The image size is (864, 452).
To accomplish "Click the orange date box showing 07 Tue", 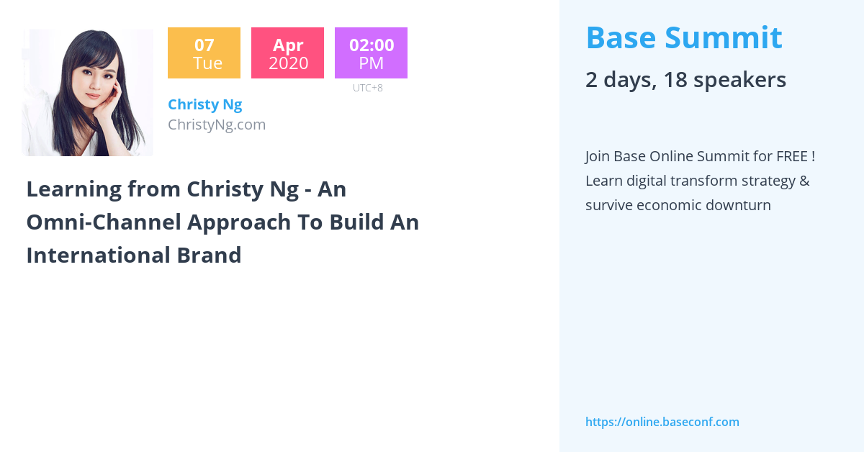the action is (x=204, y=53).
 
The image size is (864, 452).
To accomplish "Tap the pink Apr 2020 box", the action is (x=287, y=53).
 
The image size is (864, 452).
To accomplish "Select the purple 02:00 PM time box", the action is (x=371, y=53).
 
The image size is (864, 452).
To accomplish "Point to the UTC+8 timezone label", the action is (x=368, y=88).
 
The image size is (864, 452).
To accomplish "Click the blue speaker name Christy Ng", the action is (x=204, y=105).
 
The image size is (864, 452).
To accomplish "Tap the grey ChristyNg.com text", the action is (x=217, y=125).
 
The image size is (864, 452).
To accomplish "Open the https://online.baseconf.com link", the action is (x=662, y=422).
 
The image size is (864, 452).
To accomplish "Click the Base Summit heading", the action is (x=684, y=38).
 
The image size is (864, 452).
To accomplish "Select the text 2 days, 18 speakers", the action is (x=685, y=80).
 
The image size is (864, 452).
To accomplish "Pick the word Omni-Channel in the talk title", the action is (x=104, y=222).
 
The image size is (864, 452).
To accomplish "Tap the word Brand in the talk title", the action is (x=209, y=256).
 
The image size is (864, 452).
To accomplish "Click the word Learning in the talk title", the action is (x=74, y=190).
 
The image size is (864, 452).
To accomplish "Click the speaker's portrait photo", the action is (x=88, y=93).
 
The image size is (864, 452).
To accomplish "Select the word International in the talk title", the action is (x=99, y=256).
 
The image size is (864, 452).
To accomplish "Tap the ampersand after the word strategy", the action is (x=805, y=181).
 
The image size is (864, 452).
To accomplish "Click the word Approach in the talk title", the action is (x=239, y=223).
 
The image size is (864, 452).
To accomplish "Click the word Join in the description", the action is (x=596, y=157).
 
